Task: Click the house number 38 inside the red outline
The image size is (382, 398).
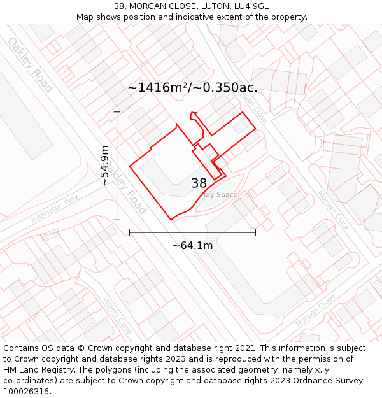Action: click(199, 183)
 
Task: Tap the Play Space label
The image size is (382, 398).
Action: click(218, 195)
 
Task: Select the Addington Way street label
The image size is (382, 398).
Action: click(53, 210)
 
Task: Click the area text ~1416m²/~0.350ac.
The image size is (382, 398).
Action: click(192, 88)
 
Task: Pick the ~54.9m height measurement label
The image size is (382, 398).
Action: click(105, 166)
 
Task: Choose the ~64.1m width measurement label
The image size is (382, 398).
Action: click(192, 245)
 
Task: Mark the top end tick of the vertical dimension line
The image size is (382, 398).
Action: click(117, 112)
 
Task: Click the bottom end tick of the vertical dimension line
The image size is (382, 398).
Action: click(117, 220)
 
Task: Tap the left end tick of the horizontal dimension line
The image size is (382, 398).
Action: click(130, 232)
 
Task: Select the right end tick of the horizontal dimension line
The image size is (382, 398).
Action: click(255, 232)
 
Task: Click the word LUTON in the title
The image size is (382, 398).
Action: click(214, 6)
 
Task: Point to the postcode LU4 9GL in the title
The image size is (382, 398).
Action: click(251, 6)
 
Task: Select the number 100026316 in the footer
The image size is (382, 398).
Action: click(27, 392)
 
